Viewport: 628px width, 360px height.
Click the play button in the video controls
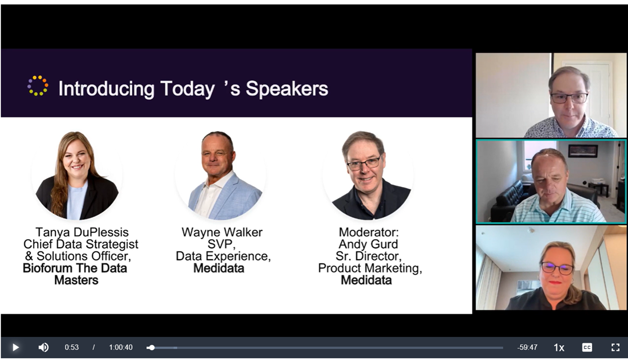(x=16, y=347)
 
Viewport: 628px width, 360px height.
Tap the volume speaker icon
(x=43, y=347)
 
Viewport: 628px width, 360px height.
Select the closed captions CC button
(x=587, y=347)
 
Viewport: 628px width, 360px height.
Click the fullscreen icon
(x=615, y=347)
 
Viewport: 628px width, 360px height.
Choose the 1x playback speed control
(x=559, y=348)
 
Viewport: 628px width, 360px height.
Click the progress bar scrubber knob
(x=151, y=347)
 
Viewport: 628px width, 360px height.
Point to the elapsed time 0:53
(x=72, y=347)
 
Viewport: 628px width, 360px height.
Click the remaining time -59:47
(x=527, y=347)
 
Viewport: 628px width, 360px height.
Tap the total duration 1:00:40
(x=121, y=347)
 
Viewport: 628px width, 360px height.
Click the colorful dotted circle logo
(x=38, y=86)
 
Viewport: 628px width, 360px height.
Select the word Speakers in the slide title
(x=287, y=89)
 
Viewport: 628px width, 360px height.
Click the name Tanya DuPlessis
(x=82, y=232)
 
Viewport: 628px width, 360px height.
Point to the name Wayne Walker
(x=222, y=232)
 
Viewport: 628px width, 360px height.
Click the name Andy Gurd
(x=368, y=244)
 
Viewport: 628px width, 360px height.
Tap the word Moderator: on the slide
(x=369, y=232)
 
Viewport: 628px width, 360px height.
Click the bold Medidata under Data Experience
(x=219, y=268)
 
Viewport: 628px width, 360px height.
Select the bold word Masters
(x=76, y=280)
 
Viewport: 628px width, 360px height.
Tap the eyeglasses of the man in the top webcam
(x=569, y=98)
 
